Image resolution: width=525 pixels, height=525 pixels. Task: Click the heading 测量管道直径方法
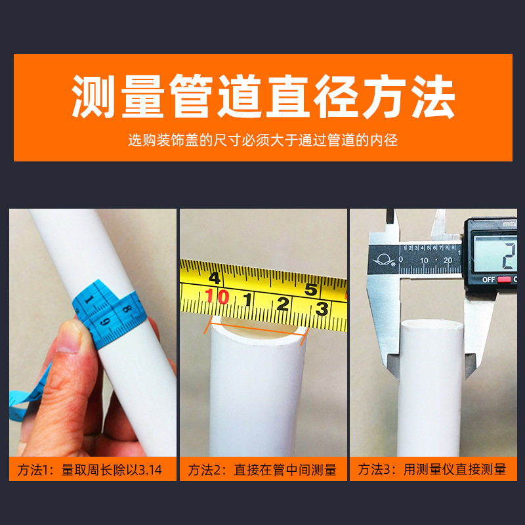[263, 97]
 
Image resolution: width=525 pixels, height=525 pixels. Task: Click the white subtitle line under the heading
[263, 140]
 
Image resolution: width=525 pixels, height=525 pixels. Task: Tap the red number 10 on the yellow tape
[218, 298]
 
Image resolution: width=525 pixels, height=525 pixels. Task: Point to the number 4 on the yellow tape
[214, 276]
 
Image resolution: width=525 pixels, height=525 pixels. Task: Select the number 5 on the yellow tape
[311, 289]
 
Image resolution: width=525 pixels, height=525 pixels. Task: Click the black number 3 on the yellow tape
[322, 308]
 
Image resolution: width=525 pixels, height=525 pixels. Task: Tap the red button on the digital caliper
[504, 280]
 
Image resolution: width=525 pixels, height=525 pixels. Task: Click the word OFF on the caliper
[488, 280]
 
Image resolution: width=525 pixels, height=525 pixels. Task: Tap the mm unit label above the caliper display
[509, 224]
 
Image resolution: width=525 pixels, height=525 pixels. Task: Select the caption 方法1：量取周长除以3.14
[93, 469]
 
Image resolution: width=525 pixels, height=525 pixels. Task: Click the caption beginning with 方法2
[262, 469]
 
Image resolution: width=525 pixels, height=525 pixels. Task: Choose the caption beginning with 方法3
[432, 469]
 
